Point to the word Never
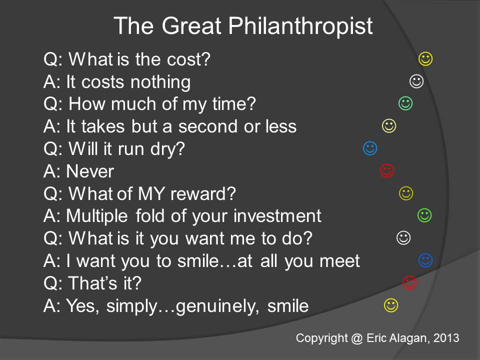(x=90, y=171)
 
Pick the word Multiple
(x=98, y=216)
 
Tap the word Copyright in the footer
(x=321, y=338)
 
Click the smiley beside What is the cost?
(x=425, y=59)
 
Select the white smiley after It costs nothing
(x=416, y=80)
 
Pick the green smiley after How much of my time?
(x=405, y=103)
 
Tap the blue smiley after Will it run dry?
(x=369, y=148)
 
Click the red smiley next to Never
(x=387, y=170)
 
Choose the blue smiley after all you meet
(x=425, y=259)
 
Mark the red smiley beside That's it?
(x=409, y=282)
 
